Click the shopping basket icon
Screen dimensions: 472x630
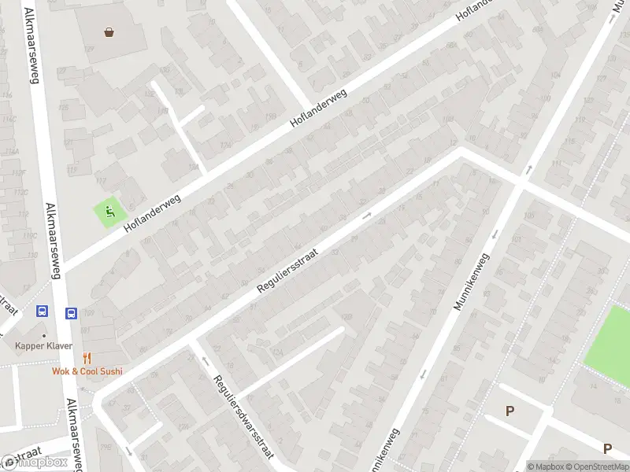point(109,32)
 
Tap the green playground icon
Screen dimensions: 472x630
point(109,210)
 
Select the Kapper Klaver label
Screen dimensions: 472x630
point(44,345)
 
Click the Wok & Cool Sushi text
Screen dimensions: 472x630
point(87,371)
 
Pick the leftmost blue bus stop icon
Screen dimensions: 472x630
point(42,312)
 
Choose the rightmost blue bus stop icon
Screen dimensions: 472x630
point(71,312)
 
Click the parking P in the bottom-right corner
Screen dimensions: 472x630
point(607,448)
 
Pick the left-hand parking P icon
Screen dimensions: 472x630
point(510,411)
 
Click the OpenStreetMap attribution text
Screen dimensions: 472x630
point(597,466)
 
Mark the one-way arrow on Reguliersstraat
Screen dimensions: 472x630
point(366,215)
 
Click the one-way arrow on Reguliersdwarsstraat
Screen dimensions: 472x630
point(206,361)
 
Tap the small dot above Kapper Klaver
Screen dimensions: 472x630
point(44,335)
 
